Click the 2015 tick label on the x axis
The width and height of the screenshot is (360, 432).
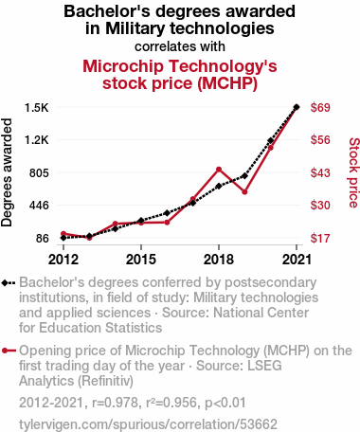(141, 260)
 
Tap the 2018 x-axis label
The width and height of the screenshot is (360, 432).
(219, 260)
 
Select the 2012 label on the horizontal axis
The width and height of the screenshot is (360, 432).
(63, 260)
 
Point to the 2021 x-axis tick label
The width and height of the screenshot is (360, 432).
(297, 260)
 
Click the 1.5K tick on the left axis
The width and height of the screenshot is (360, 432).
(37, 108)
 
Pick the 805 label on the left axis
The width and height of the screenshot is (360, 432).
(39, 173)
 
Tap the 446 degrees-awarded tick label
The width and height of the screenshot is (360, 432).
(39, 206)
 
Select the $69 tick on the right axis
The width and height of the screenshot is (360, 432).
(320, 108)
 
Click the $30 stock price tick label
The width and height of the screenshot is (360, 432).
(320, 206)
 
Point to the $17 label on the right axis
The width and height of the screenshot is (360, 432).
(320, 238)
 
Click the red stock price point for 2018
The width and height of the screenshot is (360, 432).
(219, 170)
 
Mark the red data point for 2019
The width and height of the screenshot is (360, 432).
(244, 191)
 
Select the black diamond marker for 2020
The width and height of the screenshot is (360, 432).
(271, 140)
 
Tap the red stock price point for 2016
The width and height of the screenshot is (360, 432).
(167, 223)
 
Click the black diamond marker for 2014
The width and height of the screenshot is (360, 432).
(116, 228)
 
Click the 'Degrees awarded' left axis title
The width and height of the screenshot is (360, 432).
(7, 172)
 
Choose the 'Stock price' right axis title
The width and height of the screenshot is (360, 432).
(353, 172)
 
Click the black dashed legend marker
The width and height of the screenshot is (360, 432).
(9, 283)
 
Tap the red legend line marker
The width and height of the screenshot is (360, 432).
(9, 351)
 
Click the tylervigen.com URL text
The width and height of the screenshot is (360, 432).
(148, 424)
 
